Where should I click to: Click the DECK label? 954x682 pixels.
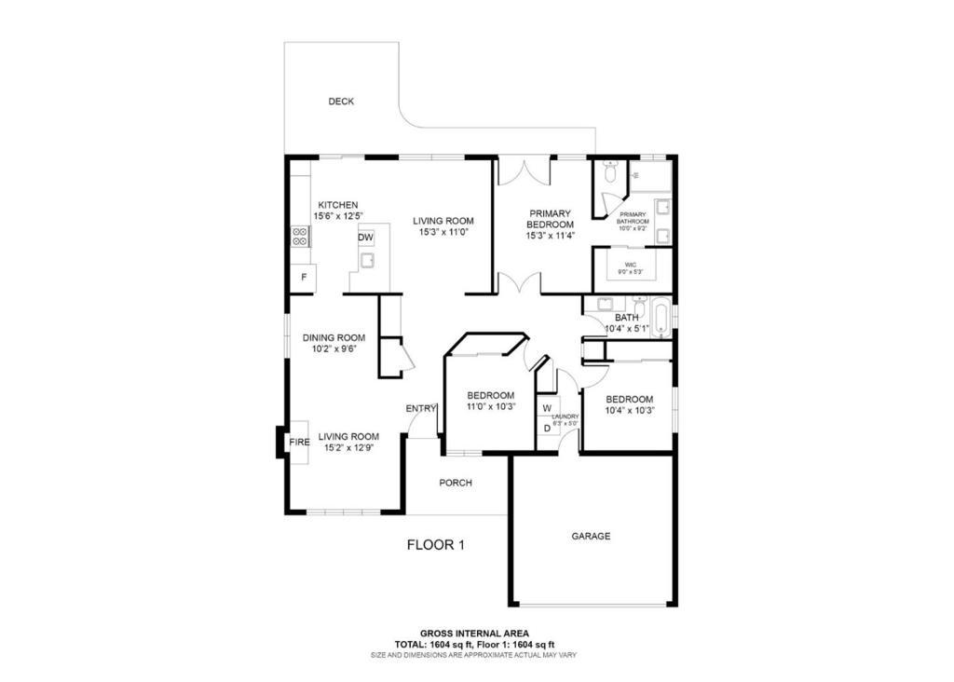(x=341, y=102)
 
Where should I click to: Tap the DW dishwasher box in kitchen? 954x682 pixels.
(x=365, y=238)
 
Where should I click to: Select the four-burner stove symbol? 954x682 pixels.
(x=299, y=236)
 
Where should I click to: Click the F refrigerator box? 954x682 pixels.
(x=304, y=278)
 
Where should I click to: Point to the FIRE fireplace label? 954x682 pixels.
(x=299, y=443)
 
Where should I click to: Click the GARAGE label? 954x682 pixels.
(x=591, y=536)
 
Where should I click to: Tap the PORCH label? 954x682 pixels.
(x=456, y=483)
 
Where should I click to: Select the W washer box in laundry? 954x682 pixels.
(x=547, y=408)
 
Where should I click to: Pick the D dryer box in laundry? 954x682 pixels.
(x=547, y=429)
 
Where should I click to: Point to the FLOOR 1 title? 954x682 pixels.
(x=436, y=544)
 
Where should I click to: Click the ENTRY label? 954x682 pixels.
(x=421, y=409)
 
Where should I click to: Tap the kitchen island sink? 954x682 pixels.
(x=367, y=260)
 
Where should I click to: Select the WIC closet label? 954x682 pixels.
(x=631, y=265)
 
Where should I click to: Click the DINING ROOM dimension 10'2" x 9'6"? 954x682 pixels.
(x=334, y=349)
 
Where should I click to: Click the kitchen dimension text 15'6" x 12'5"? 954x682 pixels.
(x=338, y=216)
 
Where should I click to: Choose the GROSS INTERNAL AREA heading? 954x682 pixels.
(x=474, y=634)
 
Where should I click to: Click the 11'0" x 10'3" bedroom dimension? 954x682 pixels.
(x=491, y=406)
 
